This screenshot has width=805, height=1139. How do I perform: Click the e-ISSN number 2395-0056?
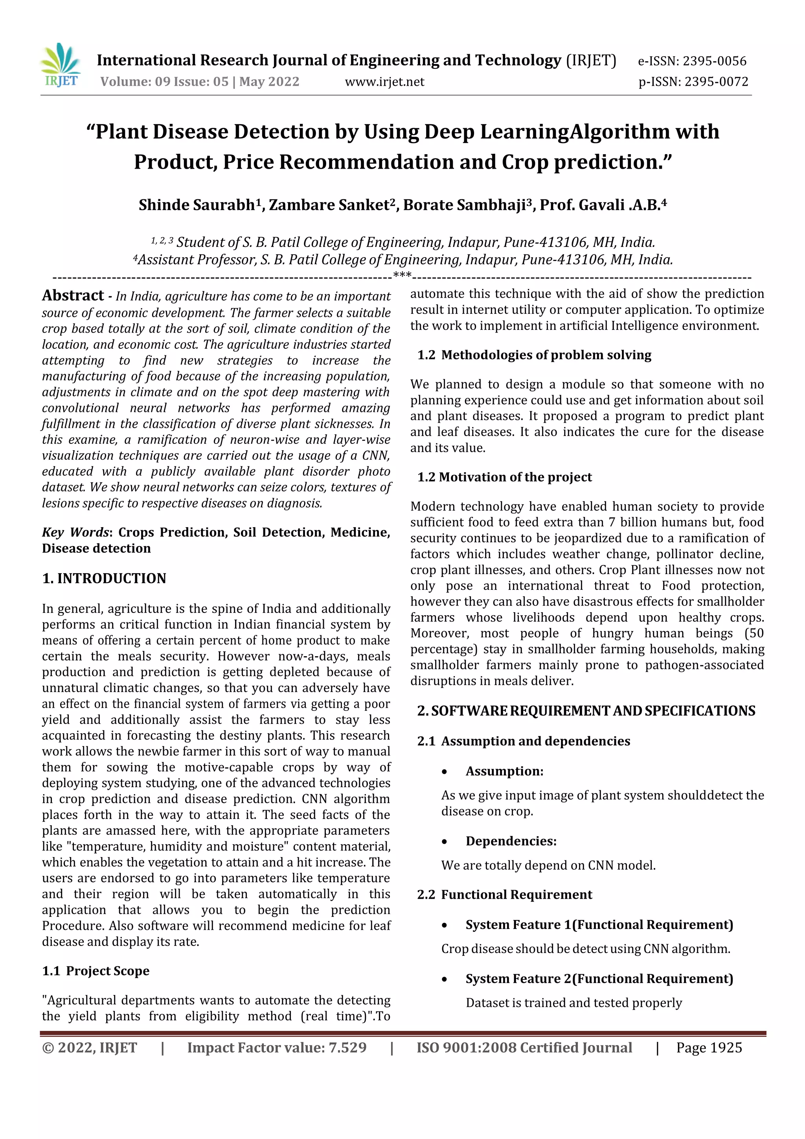pyautogui.click(x=714, y=61)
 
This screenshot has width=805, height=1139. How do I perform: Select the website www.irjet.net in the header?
pyautogui.click(x=384, y=82)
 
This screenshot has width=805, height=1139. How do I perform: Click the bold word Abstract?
pyautogui.click(x=73, y=296)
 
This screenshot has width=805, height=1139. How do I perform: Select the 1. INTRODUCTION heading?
pyautogui.click(x=104, y=578)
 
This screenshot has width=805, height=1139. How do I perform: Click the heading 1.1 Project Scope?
pyautogui.click(x=96, y=971)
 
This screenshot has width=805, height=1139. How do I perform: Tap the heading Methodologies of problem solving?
pyautogui.click(x=546, y=355)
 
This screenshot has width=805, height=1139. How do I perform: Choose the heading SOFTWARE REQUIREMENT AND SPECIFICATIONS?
pyautogui.click(x=593, y=711)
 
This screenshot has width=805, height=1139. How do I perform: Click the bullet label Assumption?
pyautogui.click(x=504, y=771)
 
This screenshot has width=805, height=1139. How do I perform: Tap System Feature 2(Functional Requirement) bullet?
pyautogui.click(x=599, y=979)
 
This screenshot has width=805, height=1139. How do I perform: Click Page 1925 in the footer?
pyautogui.click(x=709, y=1048)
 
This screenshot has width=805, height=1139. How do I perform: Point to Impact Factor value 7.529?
pyautogui.click(x=276, y=1048)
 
